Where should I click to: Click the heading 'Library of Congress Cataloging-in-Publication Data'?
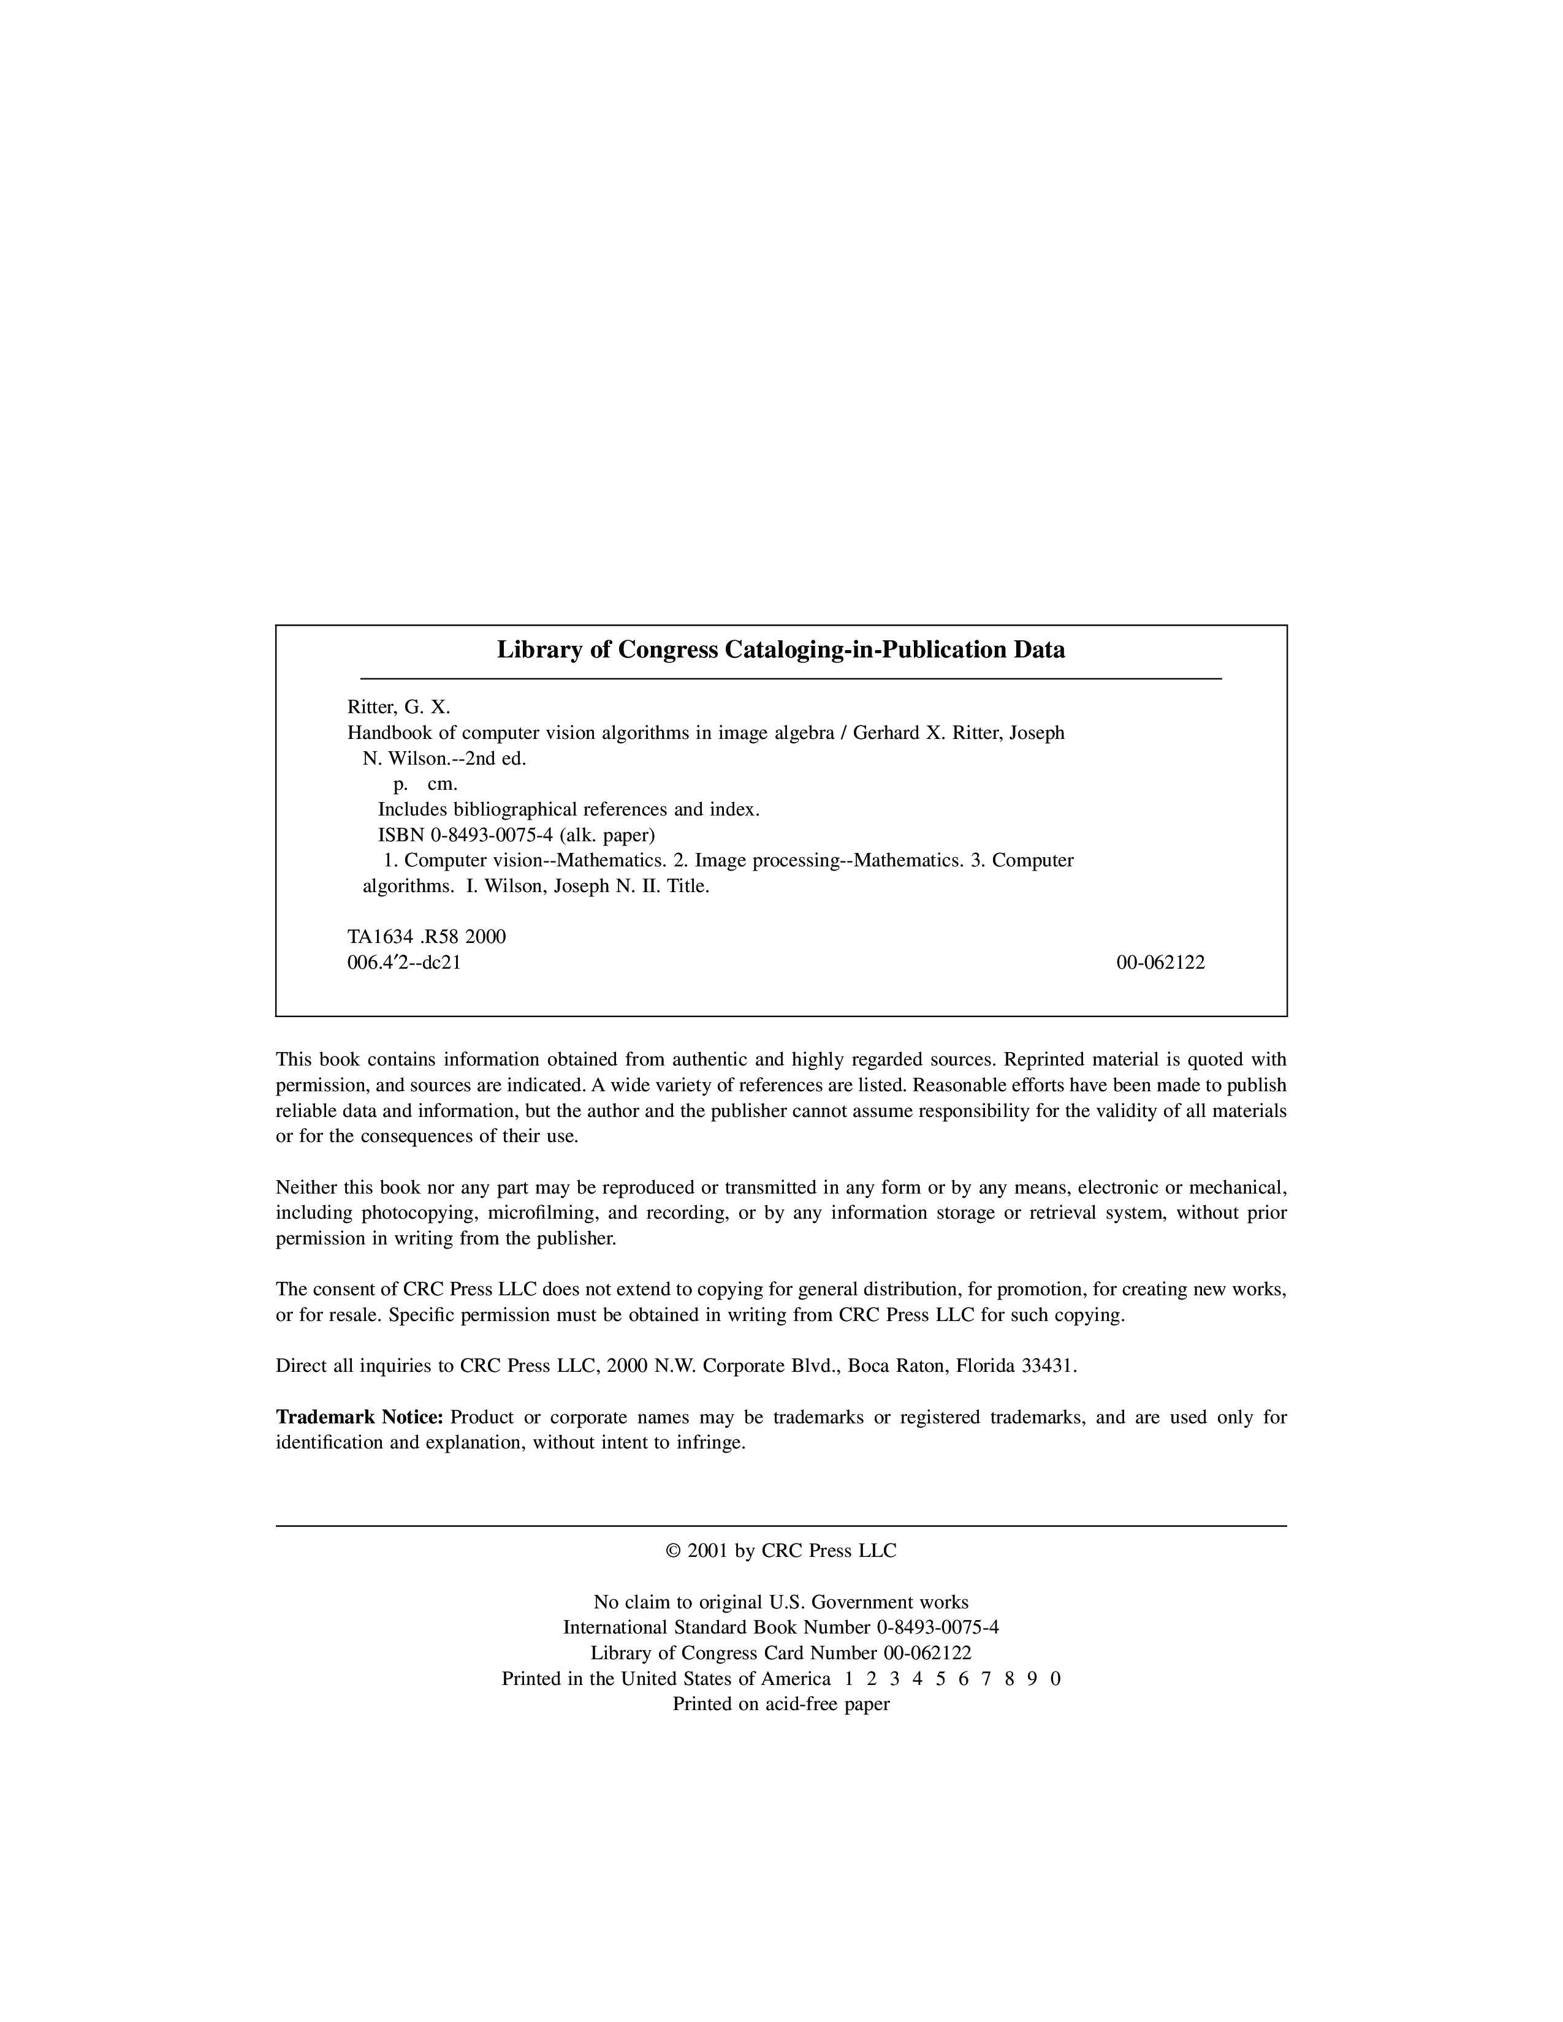pyautogui.click(x=780, y=650)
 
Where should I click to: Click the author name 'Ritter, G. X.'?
pyautogui.click(x=398, y=707)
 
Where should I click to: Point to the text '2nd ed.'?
pyautogui.click(x=496, y=759)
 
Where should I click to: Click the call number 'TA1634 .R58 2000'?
pyautogui.click(x=426, y=937)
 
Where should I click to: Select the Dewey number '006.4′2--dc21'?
pyautogui.click(x=404, y=963)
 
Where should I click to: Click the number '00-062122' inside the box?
pyautogui.click(x=1160, y=963)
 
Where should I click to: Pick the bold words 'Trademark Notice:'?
pyautogui.click(x=360, y=1417)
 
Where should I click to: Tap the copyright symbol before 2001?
pyautogui.click(x=673, y=1551)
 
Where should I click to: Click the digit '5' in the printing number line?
pyautogui.click(x=940, y=1678)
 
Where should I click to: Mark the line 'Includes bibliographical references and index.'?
pyautogui.click(x=569, y=810)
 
